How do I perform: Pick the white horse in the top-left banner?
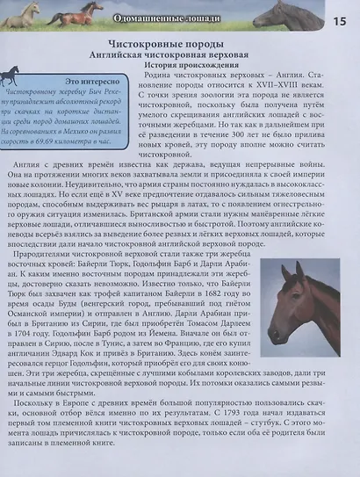25,13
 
